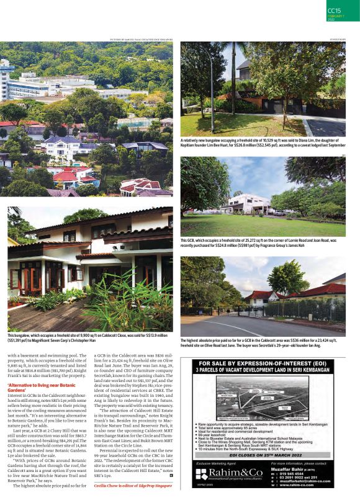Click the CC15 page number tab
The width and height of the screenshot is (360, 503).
tap(335, 10)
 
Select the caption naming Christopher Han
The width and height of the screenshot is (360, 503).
tap(87, 337)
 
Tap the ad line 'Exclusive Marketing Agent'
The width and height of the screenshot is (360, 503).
tap(217, 463)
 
